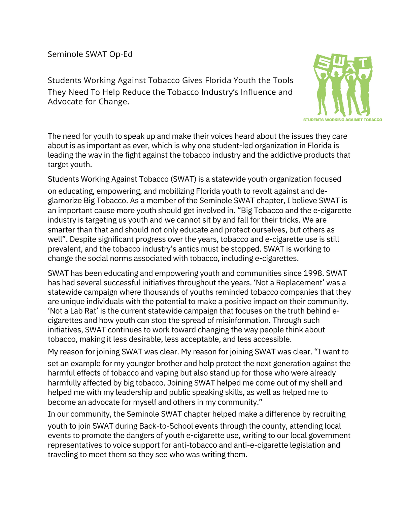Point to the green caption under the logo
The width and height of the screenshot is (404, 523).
click(342, 120)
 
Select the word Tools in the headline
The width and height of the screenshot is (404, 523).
click(282, 80)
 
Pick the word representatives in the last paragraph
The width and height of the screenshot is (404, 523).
click(75, 445)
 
